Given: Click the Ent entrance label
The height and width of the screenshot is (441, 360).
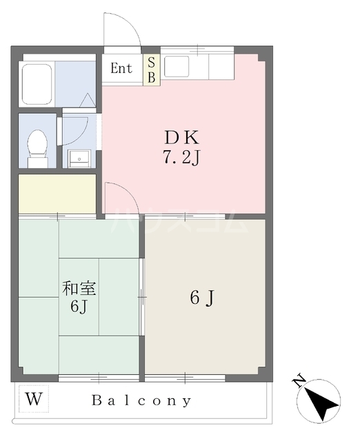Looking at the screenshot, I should (121, 68).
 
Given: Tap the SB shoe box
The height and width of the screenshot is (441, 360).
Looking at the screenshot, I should (151, 70).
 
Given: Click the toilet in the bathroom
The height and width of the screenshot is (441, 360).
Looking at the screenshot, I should (37, 147).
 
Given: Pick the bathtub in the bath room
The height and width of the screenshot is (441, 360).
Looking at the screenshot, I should (38, 83).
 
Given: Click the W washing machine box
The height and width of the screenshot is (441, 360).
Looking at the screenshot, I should (32, 398).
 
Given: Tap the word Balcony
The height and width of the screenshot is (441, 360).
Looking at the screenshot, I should (143, 400).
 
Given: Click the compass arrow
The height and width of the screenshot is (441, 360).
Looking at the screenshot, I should (321, 401).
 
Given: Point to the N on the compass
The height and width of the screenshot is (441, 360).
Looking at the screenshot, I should (299, 380).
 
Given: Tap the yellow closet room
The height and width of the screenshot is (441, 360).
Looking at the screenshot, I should (57, 194).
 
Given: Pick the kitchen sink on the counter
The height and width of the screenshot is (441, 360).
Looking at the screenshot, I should (177, 66).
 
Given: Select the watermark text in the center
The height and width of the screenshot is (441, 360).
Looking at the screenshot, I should (179, 220).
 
